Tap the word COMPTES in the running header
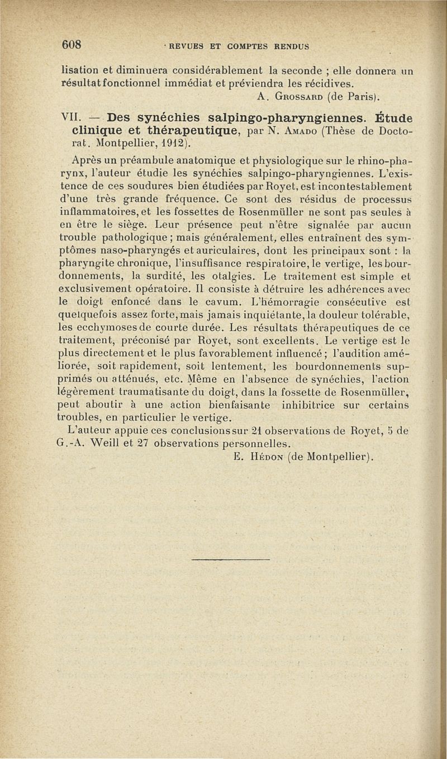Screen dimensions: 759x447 click(x=237, y=46)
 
